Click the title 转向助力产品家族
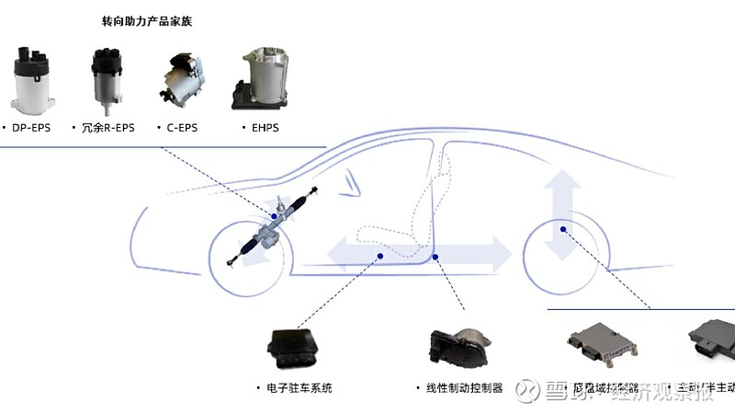coord(153,20)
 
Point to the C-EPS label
coord(182,128)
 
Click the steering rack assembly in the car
coord(276,225)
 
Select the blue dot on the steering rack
coord(274,216)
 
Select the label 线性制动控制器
coord(458,388)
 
